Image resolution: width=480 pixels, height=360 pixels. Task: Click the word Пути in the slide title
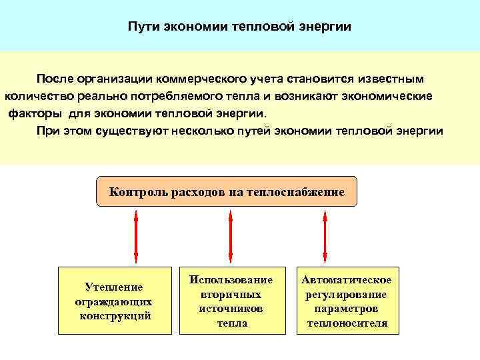coord(143,27)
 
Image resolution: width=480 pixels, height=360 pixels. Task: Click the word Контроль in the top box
coord(137,193)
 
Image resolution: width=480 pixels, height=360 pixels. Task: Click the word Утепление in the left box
coord(114,287)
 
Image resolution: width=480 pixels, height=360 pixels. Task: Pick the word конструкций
coord(115,315)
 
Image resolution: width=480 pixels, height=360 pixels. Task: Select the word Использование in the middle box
coord(231,280)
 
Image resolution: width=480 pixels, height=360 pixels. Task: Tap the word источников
coord(231,309)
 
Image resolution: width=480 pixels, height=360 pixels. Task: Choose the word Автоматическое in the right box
coord(347,280)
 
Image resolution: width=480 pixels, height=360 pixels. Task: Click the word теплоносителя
coord(347,323)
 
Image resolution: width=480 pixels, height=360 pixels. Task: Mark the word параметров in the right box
coord(347,309)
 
